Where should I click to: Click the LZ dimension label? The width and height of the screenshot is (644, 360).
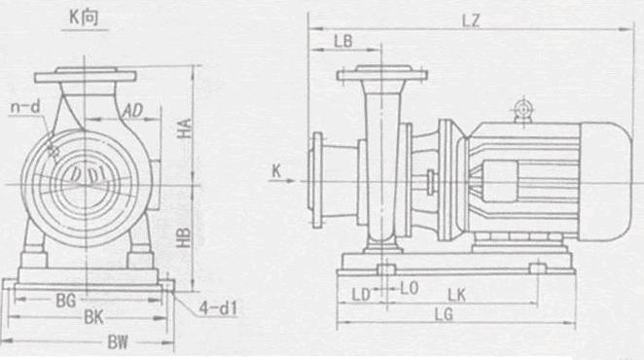[x=471, y=20]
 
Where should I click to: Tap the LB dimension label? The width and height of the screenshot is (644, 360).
[x=343, y=42]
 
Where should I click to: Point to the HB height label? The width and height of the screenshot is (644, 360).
[x=184, y=237]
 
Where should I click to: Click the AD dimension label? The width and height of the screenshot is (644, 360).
[x=132, y=111]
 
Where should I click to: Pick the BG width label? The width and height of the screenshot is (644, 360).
[x=66, y=301]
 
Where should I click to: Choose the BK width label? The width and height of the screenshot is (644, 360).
[x=93, y=317]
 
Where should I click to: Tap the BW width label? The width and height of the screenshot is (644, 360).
[x=118, y=342]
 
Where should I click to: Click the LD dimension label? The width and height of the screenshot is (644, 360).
[x=362, y=295]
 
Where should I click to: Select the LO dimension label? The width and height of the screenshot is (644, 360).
[x=410, y=289]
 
